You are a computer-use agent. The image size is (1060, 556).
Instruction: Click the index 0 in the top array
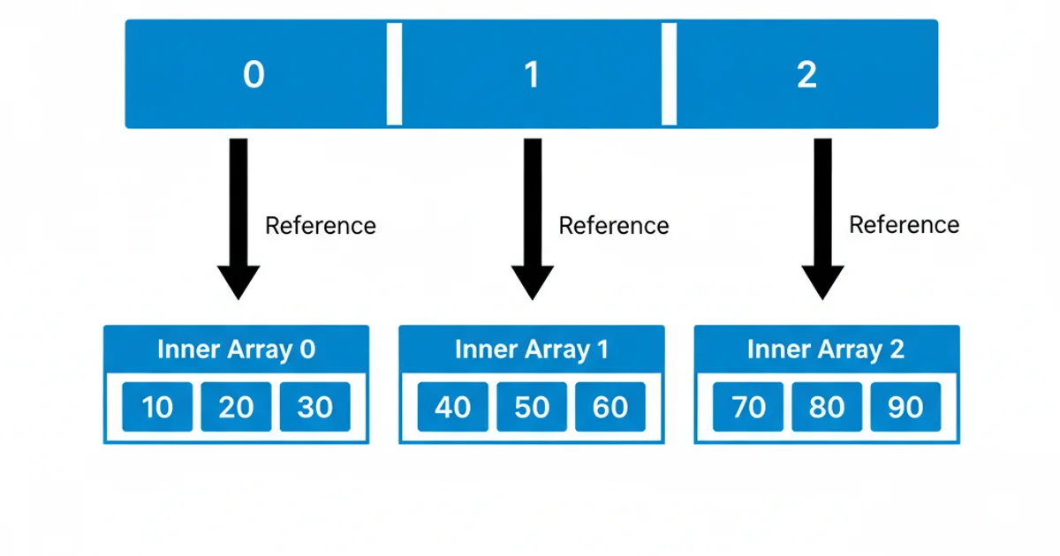[254, 75]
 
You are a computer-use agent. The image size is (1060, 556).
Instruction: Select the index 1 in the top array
[531, 75]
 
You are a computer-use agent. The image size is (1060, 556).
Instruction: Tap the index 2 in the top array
[806, 75]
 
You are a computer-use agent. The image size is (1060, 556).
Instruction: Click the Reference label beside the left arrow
[321, 226]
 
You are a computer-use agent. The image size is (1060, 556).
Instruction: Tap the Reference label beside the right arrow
[904, 225]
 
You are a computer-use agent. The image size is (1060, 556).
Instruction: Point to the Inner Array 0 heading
[236, 349]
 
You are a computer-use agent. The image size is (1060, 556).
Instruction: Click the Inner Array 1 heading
[532, 349]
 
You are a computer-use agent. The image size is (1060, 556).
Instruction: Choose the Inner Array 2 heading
[826, 349]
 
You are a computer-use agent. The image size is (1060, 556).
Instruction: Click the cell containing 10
[157, 407]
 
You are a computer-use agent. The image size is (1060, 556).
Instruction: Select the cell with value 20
[236, 407]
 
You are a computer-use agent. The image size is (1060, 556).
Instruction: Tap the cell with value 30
[314, 407]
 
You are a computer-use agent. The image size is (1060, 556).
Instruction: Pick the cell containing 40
[453, 407]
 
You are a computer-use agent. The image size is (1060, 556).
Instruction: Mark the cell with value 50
[532, 407]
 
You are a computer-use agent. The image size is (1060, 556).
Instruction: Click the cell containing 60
[610, 407]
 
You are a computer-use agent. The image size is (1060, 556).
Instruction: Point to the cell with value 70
[748, 407]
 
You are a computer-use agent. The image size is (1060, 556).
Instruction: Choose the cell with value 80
[827, 407]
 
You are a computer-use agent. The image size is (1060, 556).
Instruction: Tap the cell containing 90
[905, 407]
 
